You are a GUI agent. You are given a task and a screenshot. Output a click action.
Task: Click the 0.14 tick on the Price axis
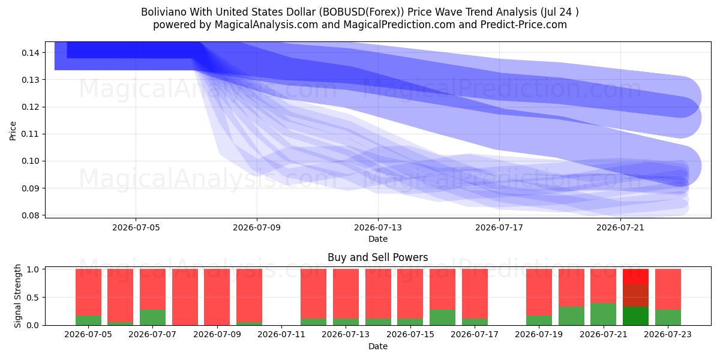31,53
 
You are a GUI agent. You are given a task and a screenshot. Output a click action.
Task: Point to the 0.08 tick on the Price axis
31,215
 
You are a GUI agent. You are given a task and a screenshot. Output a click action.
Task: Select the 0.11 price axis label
31,134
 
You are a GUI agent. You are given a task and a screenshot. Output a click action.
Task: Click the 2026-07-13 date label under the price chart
377,227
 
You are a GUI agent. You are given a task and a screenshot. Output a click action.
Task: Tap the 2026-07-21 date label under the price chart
620,227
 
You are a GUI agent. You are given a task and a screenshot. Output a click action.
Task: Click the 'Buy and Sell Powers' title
377,257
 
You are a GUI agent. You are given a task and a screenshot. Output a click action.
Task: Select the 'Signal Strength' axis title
17,296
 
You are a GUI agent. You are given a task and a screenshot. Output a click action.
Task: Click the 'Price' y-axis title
13,131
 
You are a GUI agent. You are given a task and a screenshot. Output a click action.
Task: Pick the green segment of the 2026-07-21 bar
604,314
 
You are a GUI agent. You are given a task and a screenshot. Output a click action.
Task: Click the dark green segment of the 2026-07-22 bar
635,316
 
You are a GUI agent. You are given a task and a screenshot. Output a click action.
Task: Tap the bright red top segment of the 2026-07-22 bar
635,277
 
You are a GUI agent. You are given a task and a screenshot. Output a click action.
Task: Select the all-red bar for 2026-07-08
185,297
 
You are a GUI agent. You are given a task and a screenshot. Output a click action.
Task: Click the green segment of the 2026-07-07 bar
152,317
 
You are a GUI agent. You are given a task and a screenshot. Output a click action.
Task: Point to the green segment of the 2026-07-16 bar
442,317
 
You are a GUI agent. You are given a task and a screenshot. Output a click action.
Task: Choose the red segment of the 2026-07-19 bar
539,293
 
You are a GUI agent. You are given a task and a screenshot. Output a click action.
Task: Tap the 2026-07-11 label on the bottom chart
281,334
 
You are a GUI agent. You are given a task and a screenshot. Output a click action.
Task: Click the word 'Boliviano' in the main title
164,12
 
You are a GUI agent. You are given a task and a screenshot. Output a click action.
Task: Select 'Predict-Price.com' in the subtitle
524,25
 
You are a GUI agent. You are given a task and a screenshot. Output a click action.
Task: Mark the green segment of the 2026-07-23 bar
668,317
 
